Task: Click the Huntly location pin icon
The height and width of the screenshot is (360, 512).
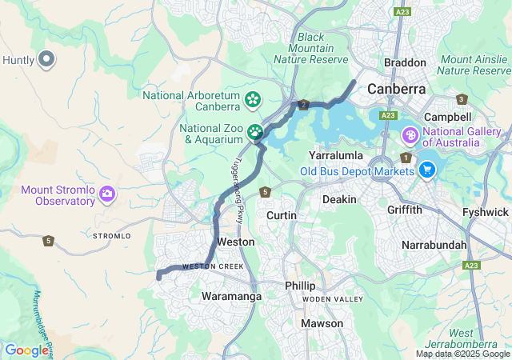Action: point(46,59)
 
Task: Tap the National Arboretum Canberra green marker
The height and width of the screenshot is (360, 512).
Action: point(253,99)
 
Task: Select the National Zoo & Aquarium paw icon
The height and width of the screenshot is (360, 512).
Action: point(255,132)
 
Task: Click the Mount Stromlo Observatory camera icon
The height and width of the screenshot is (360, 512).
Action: point(107,194)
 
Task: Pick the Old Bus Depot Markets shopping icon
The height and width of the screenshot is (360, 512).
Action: point(426,169)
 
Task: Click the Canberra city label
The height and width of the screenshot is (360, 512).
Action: point(396,89)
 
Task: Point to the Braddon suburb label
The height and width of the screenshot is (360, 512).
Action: point(405,62)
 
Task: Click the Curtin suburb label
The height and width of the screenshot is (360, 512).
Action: point(281,216)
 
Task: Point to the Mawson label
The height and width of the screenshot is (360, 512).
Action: point(322,323)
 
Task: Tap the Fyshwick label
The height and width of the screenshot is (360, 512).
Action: point(486,212)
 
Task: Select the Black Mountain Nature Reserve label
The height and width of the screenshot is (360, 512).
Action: point(311,48)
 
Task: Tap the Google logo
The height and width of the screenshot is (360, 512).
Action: point(26,350)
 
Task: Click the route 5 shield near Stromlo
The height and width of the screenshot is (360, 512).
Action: point(49,240)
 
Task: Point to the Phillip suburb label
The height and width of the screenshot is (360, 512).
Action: point(300,286)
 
